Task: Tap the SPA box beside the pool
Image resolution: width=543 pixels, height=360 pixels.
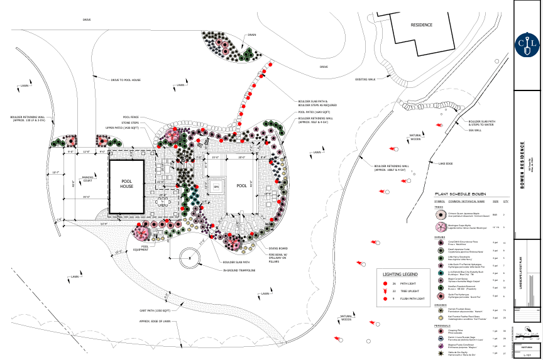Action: point(217,187)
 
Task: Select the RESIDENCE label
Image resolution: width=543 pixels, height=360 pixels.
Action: point(421,25)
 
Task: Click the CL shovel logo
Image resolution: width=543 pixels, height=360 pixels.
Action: point(527,43)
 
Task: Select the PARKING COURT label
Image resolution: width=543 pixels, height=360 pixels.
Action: point(87,179)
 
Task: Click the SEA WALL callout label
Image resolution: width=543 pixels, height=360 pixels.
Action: point(476,131)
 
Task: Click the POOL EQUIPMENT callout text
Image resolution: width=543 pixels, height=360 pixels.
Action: point(140,246)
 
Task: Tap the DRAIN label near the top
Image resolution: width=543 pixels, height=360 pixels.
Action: point(251,35)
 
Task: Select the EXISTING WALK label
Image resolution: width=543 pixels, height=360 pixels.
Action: point(365,80)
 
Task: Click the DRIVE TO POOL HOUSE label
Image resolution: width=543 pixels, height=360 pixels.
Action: point(126,80)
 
